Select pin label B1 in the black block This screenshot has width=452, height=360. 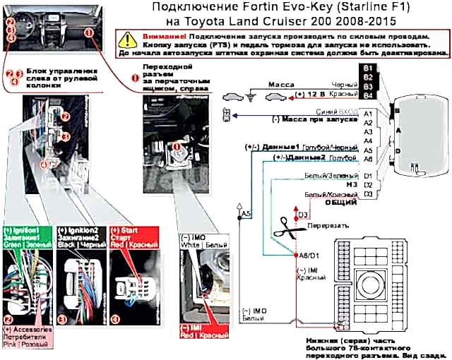(367, 67)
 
